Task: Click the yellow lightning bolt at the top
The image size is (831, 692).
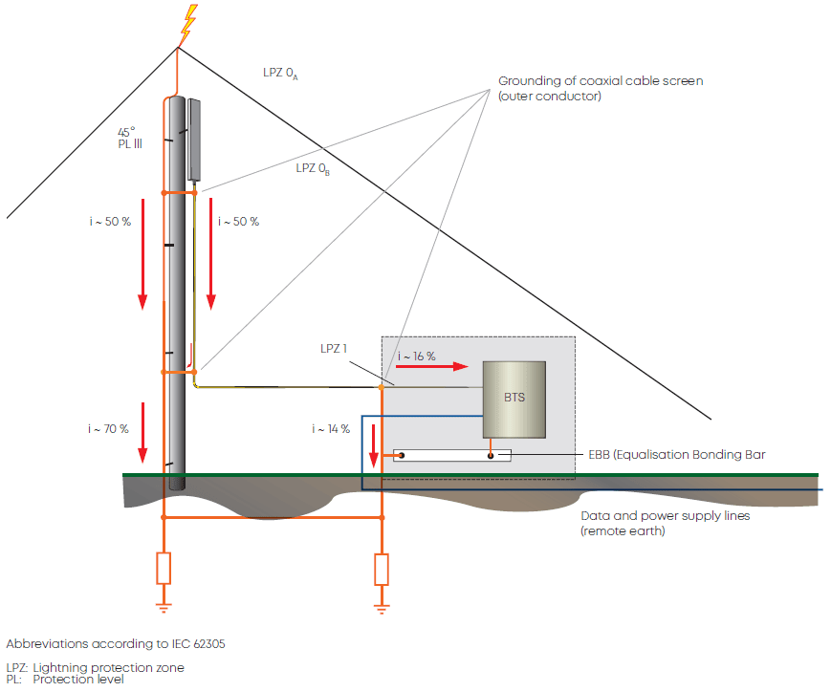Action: pyautogui.click(x=189, y=25)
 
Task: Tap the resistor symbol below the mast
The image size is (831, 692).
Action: pyautogui.click(x=164, y=568)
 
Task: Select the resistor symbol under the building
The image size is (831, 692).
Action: pyautogui.click(x=382, y=569)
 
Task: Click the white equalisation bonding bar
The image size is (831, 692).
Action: pyautogui.click(x=452, y=455)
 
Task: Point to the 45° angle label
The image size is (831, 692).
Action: pyautogui.click(x=126, y=131)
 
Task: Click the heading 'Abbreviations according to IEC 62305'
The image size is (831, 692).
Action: pyautogui.click(x=116, y=643)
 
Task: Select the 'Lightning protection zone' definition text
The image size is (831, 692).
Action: pyautogui.click(x=108, y=667)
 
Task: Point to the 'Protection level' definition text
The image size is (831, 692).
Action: pyautogui.click(x=78, y=680)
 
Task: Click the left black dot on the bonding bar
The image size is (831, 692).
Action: pyautogui.click(x=402, y=455)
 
